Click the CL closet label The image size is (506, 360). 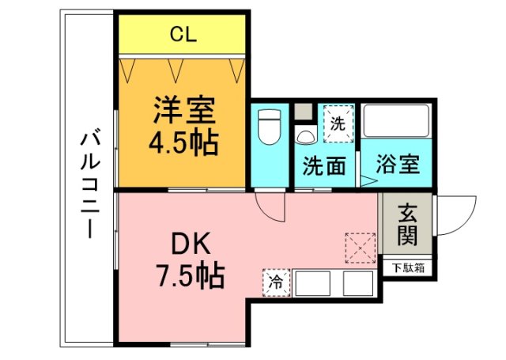click(x=183, y=34)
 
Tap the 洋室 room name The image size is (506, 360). click(x=184, y=110)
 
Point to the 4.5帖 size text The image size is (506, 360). click(x=183, y=143)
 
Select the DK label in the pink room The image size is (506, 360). click(x=191, y=244)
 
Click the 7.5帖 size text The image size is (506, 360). click(x=191, y=276)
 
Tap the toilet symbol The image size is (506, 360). click(x=270, y=127)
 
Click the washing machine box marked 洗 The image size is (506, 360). click(x=338, y=123)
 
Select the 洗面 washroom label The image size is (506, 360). click(x=323, y=165)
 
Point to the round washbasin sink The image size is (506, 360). click(x=306, y=137)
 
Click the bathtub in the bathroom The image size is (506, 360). click(x=396, y=121)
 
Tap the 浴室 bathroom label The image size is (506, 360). click(x=398, y=165)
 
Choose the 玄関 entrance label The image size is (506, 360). click(x=408, y=225)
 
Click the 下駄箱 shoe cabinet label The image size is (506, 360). click(x=408, y=268)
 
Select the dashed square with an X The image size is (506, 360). click(x=361, y=248)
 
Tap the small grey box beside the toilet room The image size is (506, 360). click(x=304, y=112)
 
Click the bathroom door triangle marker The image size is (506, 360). click(x=369, y=181)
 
